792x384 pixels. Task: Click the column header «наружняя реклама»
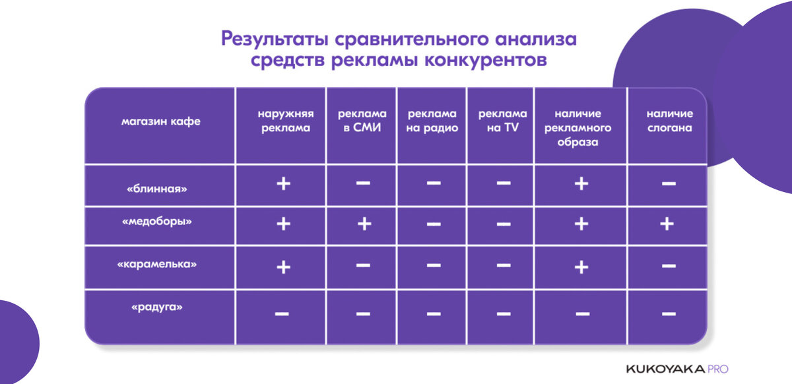point(284,121)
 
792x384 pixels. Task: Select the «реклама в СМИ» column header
point(362,121)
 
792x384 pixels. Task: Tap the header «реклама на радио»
point(432,121)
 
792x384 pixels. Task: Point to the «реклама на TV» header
point(503,121)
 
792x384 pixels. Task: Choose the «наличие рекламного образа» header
point(581,127)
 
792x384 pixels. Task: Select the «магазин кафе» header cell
point(160,121)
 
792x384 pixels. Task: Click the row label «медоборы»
point(157,222)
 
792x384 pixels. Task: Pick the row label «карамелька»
point(157,264)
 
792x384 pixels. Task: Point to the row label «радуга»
point(157,307)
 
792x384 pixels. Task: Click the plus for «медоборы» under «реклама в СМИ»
point(363,224)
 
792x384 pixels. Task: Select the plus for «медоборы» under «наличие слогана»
point(667,224)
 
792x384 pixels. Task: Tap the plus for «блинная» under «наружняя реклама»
point(283,183)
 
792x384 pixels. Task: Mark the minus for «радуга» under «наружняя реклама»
point(282,313)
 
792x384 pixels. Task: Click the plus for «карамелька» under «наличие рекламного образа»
point(581,267)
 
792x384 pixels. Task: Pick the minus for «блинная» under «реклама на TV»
point(503,183)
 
